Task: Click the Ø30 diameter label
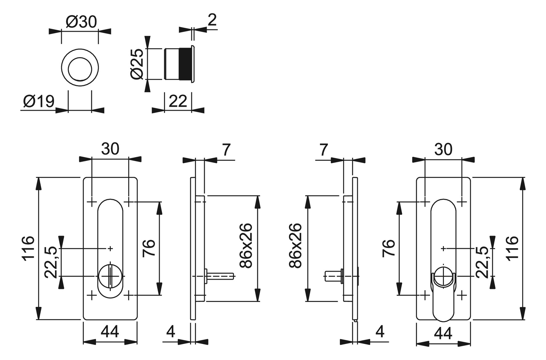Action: [x=81, y=22]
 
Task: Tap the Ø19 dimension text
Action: [x=39, y=101]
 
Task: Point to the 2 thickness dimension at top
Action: [x=212, y=20]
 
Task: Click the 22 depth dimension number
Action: [x=178, y=101]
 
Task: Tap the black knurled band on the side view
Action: [x=185, y=64]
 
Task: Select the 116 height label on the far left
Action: [x=28, y=249]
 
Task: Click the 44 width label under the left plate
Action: [x=110, y=332]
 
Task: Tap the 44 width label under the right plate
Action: [x=443, y=333]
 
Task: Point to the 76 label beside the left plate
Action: [x=148, y=248]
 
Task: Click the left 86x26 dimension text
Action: [x=246, y=245]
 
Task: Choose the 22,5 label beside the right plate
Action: [x=482, y=262]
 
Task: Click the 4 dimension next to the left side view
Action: [x=171, y=332]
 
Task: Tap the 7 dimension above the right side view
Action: [x=323, y=150]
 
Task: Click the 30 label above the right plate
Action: [x=443, y=149]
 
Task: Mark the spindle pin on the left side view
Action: [x=221, y=276]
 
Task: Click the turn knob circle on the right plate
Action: [x=443, y=276]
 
